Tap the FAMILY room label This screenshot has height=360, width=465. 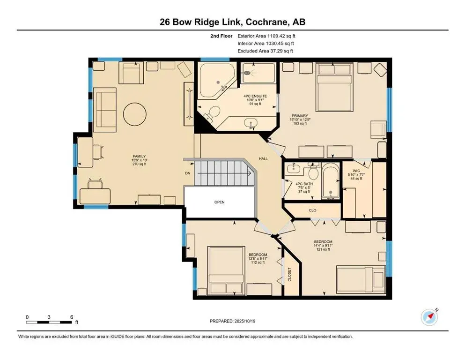point(140,157)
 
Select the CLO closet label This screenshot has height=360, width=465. point(313,210)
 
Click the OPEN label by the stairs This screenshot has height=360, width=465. point(219,202)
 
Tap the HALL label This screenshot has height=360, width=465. point(264,159)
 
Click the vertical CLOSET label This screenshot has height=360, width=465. point(289,276)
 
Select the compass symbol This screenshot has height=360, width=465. point(429,317)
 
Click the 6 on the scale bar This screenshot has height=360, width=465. point(72,317)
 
